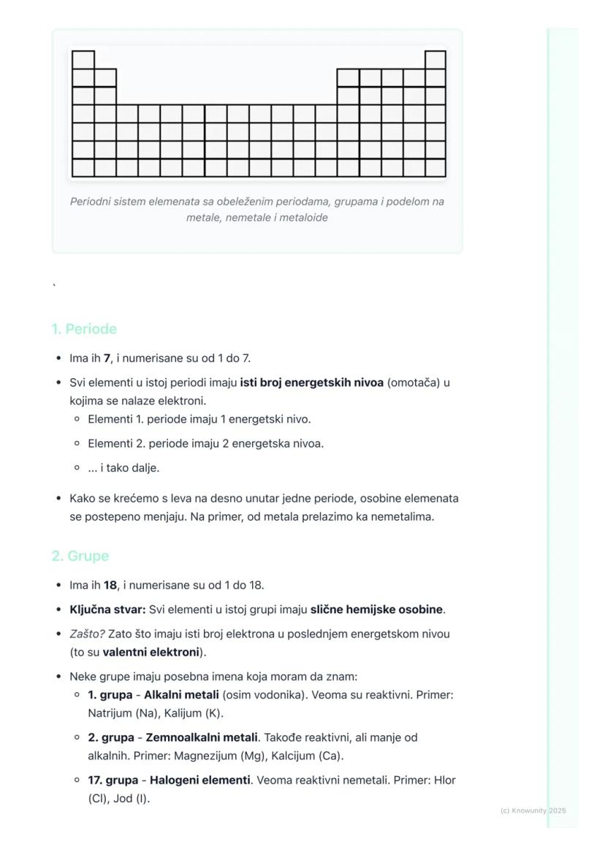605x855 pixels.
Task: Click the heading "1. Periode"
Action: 84,329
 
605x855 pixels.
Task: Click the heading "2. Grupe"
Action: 80,556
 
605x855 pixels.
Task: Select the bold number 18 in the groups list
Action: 110,585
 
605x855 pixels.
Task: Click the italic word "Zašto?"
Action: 87,634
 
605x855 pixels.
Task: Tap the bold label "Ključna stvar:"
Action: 107,610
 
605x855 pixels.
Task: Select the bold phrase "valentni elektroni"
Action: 151,652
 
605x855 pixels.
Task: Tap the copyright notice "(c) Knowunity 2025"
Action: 533,810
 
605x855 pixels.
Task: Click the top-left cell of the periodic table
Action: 83,60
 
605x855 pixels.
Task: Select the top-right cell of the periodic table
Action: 435,60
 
